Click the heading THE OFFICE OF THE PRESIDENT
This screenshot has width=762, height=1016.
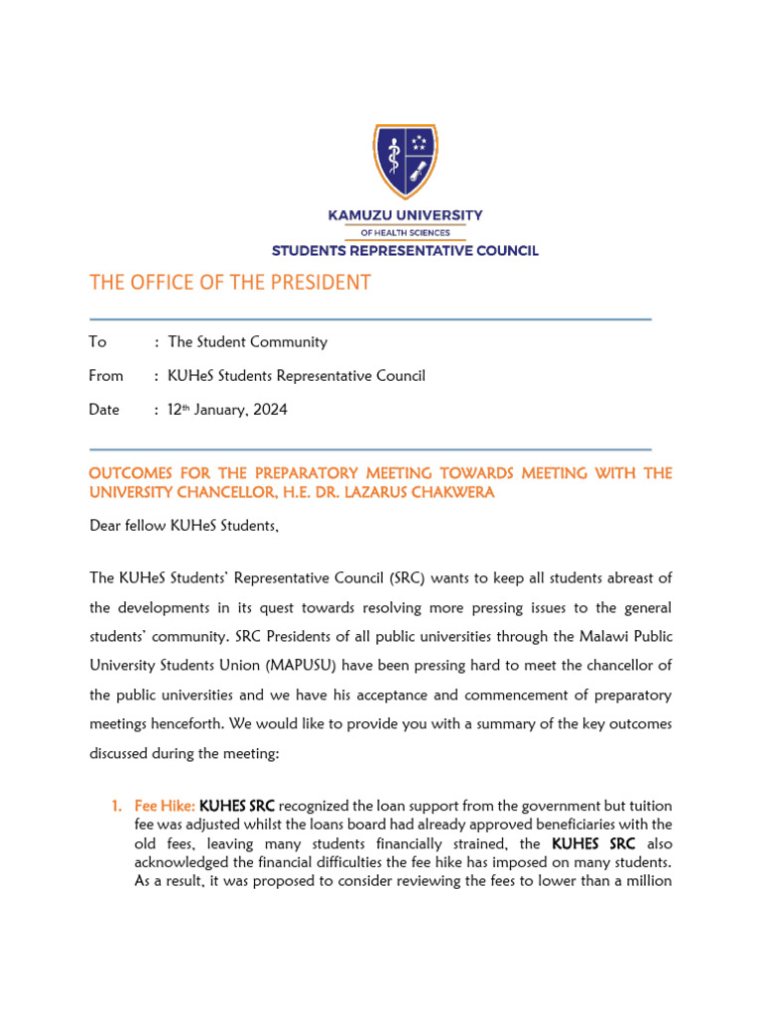coord(230,283)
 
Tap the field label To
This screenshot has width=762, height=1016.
coord(97,342)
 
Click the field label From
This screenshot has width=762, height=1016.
coord(106,376)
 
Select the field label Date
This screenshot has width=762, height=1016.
coord(104,410)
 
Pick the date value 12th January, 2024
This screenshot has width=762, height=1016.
coord(228,410)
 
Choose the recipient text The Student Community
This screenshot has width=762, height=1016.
coord(248,342)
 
